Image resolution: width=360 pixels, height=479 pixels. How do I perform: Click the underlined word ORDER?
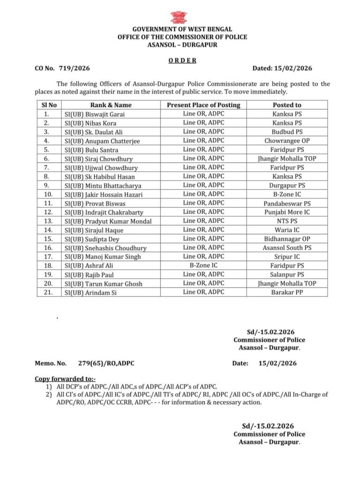tap(182, 60)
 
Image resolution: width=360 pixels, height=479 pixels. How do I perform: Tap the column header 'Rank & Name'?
tap(110, 105)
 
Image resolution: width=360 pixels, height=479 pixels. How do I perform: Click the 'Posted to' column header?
tap(287, 105)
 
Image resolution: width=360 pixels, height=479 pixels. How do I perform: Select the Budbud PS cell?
tap(287, 132)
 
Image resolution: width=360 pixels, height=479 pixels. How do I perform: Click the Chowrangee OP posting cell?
tap(287, 141)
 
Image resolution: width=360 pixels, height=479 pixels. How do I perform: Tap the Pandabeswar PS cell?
tap(287, 203)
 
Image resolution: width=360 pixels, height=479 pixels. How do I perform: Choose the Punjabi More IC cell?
tap(287, 212)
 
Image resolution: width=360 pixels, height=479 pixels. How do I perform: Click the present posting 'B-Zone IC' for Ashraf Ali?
tap(203, 265)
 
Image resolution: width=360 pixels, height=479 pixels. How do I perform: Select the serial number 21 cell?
tap(46, 292)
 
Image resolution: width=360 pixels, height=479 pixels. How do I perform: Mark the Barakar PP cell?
tap(287, 292)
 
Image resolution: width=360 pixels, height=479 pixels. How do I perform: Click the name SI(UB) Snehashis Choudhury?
tap(105, 248)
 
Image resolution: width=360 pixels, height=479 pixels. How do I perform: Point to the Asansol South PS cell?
tap(287, 247)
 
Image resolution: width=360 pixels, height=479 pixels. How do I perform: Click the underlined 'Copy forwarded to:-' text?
tap(65, 378)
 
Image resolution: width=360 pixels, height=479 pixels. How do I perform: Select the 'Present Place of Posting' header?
tap(203, 105)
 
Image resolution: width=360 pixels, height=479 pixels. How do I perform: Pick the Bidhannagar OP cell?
tap(287, 239)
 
